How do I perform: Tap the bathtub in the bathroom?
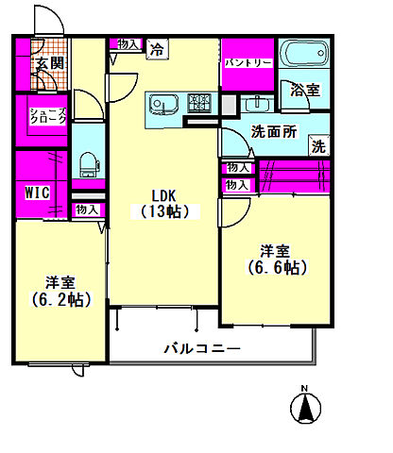click(304, 53)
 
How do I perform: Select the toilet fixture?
click(89, 165)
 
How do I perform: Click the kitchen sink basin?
click(163, 103)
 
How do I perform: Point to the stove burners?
click(198, 103)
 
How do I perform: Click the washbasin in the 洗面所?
click(257, 104)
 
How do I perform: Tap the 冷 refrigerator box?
click(157, 49)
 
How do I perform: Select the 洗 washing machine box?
click(318, 146)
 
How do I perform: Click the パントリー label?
click(248, 62)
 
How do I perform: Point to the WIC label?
click(37, 193)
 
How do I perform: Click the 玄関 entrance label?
click(50, 63)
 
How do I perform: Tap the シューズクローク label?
click(48, 116)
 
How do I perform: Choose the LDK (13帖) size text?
click(164, 204)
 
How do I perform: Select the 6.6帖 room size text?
click(277, 268)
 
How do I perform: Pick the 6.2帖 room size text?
click(61, 299)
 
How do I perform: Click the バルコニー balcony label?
click(202, 348)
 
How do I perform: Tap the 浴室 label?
click(305, 90)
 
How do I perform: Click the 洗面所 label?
click(274, 132)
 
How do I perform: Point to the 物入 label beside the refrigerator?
click(128, 44)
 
